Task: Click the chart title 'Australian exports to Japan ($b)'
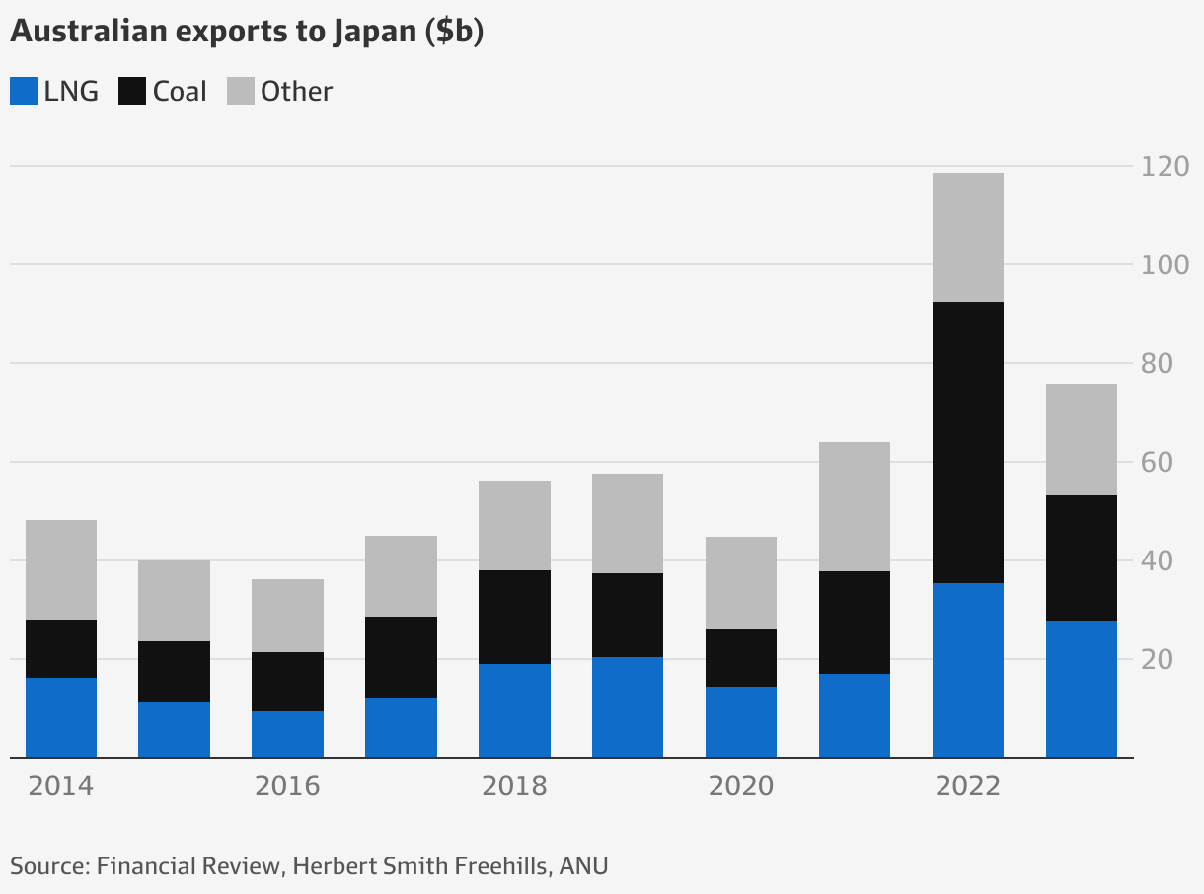click(246, 32)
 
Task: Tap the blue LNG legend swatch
click(24, 92)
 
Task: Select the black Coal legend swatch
click(132, 92)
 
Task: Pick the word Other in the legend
click(296, 92)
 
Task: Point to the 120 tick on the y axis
click(1166, 166)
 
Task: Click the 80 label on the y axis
click(1166, 364)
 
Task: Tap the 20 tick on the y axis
click(1166, 659)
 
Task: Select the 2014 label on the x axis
click(60, 786)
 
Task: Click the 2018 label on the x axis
click(514, 786)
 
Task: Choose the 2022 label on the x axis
click(968, 786)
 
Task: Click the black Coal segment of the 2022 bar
click(968, 442)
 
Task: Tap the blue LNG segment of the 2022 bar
click(968, 670)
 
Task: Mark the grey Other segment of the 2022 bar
click(968, 237)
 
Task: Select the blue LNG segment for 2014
click(61, 717)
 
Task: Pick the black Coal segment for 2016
click(287, 682)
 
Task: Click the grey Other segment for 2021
click(855, 506)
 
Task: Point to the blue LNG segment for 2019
click(628, 708)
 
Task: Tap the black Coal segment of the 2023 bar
click(1082, 558)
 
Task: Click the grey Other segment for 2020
click(741, 582)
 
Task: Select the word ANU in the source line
click(583, 866)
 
